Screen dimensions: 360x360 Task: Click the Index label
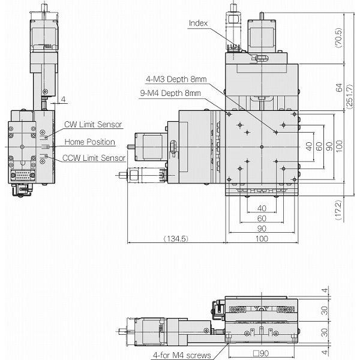click(x=199, y=23)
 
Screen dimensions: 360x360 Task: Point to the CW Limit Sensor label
click(x=93, y=125)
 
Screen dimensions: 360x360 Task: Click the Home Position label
click(x=89, y=142)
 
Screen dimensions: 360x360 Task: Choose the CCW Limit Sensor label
click(x=94, y=158)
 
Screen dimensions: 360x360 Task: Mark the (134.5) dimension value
click(x=176, y=239)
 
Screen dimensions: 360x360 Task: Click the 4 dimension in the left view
click(x=62, y=98)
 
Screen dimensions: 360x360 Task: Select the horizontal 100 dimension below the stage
click(x=262, y=239)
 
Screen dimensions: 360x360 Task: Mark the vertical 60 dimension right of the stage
click(x=319, y=146)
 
